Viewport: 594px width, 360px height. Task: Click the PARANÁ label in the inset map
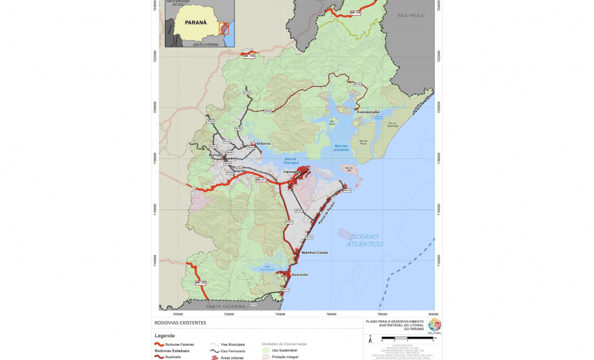click(195, 22)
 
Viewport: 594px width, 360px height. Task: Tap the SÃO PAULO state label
click(411, 15)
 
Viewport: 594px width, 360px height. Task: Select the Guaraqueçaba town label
click(367, 112)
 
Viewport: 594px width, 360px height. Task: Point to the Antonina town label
click(264, 143)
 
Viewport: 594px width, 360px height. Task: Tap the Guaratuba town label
click(299, 275)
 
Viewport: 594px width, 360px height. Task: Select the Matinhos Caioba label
click(315, 252)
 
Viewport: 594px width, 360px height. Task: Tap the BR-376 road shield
click(201, 283)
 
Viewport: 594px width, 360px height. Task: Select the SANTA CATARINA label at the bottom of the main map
click(227, 306)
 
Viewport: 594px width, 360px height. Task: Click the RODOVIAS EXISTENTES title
click(180, 322)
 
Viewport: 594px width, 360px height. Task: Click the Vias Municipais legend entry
click(232, 344)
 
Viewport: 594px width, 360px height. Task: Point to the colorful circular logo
click(434, 324)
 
